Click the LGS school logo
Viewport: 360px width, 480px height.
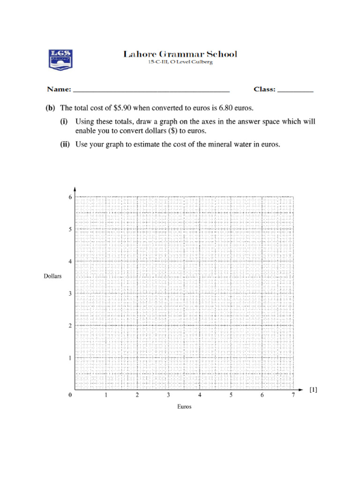click(60, 59)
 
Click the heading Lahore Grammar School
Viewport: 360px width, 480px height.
click(180, 54)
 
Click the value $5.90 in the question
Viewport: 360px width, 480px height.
click(123, 108)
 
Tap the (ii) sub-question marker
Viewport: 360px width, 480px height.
click(65, 144)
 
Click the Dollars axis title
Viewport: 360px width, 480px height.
click(53, 276)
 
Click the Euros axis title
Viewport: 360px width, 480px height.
click(184, 407)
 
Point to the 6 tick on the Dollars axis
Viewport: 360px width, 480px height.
click(70, 197)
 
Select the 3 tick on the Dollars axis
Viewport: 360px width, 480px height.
click(70, 294)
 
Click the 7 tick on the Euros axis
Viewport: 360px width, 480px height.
click(293, 395)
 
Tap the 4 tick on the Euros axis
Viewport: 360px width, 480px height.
click(200, 395)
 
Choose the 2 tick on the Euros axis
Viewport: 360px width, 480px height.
click(137, 395)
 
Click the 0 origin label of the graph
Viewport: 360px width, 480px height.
click(70, 395)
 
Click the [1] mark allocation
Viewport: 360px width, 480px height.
click(314, 390)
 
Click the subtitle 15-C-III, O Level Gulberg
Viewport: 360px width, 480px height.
click(180, 63)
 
